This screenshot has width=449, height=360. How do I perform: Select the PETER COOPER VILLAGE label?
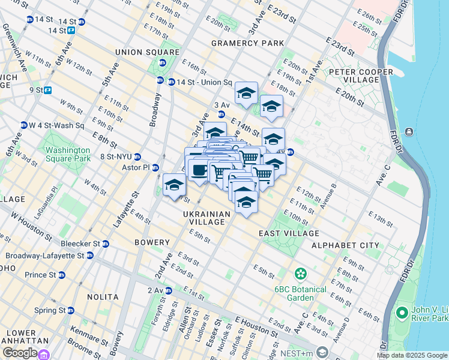pyautogui.click(x=361, y=76)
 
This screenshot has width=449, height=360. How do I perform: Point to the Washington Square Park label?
pyautogui.click(x=68, y=154)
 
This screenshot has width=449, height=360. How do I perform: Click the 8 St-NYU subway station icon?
pyautogui.click(x=137, y=157)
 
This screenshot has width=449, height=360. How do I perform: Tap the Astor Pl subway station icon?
pyautogui.click(x=155, y=167)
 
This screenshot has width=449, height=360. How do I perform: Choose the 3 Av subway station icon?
pyautogui.click(x=221, y=114)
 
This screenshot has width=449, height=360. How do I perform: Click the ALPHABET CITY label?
pyautogui.click(x=345, y=245)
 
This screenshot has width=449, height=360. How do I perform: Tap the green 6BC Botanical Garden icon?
pyautogui.click(x=300, y=274)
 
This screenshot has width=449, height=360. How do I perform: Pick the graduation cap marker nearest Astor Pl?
pyautogui.click(x=174, y=184)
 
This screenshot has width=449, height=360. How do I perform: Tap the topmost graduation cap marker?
pyautogui.click(x=246, y=92)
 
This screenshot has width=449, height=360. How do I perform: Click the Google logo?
pyautogui.click(x=20, y=353)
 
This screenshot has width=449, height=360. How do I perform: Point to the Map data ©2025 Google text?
pyautogui.click(x=412, y=355)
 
